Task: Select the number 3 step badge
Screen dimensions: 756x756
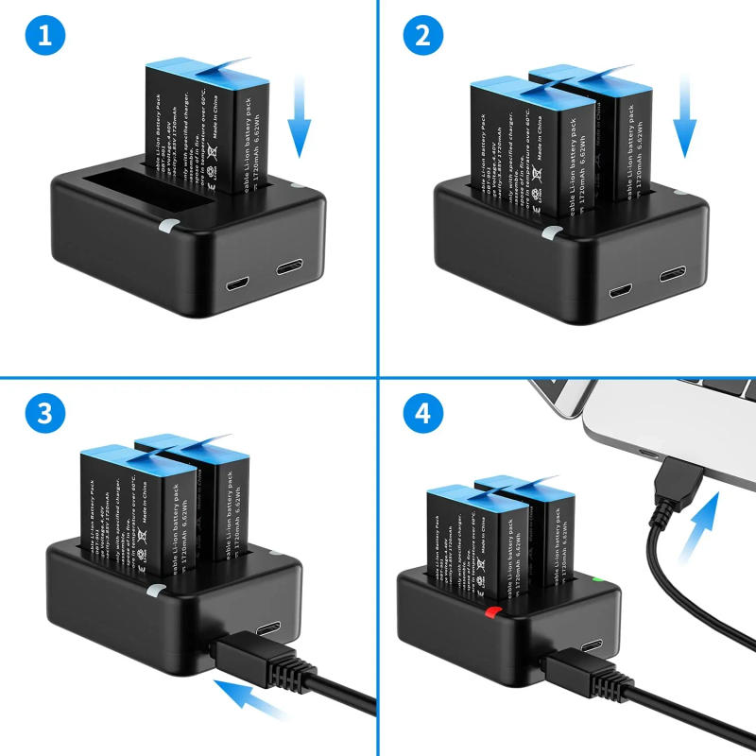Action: (x=45, y=413)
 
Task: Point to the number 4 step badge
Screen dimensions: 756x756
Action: (x=422, y=413)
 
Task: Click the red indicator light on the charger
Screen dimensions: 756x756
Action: (x=490, y=613)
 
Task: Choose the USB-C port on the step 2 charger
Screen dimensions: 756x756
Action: (x=673, y=275)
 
